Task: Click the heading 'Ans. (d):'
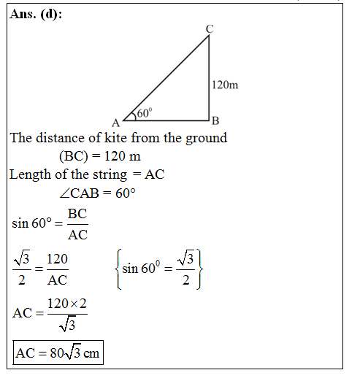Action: click(x=37, y=15)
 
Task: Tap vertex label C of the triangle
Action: click(x=210, y=28)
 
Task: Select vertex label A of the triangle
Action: click(x=115, y=122)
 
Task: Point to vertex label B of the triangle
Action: click(x=215, y=120)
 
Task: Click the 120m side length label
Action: click(x=224, y=85)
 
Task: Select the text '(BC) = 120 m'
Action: click(x=100, y=156)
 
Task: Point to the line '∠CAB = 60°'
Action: click(x=99, y=193)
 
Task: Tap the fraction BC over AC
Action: click(x=77, y=224)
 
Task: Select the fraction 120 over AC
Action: click(x=57, y=269)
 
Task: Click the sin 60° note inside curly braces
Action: click(x=157, y=269)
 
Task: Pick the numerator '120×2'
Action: click(x=67, y=303)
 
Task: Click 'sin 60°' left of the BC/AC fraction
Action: click(x=31, y=224)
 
